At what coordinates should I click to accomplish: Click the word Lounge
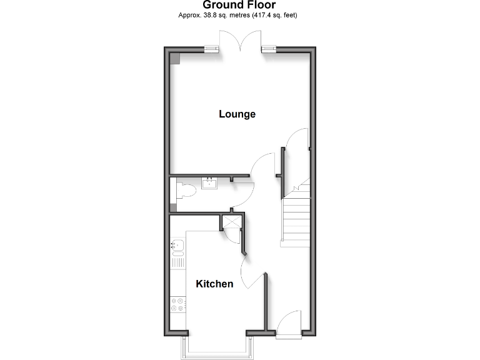(237, 114)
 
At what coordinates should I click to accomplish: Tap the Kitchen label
(214, 284)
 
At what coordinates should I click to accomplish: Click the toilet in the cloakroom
(184, 192)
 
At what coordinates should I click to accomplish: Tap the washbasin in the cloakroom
(209, 184)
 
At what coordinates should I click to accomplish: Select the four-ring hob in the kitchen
(177, 304)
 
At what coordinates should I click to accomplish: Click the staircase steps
(295, 216)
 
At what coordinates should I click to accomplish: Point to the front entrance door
(289, 326)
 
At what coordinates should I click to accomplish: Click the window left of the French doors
(213, 49)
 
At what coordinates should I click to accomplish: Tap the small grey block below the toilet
(173, 208)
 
